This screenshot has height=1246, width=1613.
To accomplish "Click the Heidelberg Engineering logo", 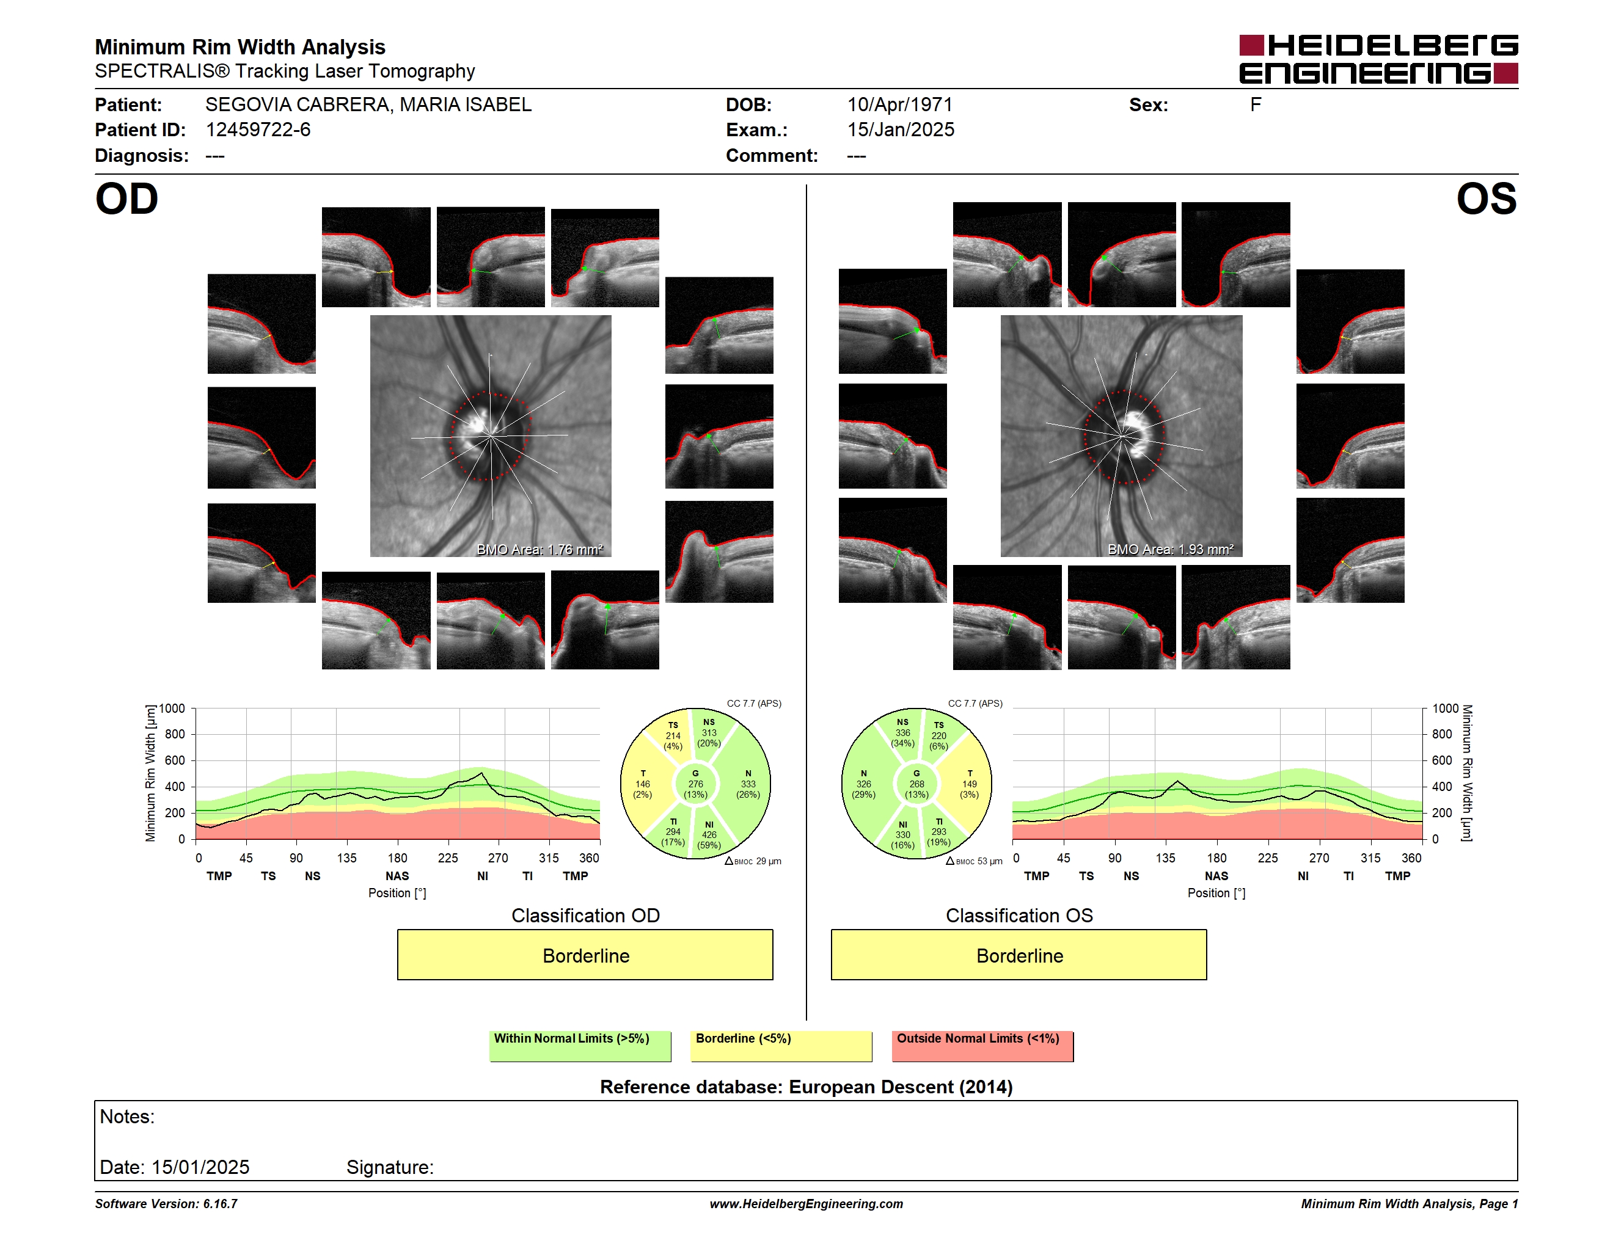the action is (1378, 59).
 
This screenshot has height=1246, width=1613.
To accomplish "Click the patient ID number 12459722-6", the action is (258, 130).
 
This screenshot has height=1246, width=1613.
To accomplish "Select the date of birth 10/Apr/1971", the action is (899, 105).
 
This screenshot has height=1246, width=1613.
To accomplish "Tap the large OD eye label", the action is (126, 199).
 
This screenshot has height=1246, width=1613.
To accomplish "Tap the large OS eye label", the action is (1486, 199).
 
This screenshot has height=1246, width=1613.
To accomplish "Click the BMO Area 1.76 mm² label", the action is (540, 549).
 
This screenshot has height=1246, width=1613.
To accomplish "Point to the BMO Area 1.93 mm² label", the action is (1171, 549).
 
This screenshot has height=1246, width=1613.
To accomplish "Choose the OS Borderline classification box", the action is (1019, 955).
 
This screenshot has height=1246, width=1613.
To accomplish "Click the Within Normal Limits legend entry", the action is (580, 1046).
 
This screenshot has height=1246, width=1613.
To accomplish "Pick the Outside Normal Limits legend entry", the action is (982, 1046).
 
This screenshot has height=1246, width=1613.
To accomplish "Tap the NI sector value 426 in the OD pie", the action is (709, 835).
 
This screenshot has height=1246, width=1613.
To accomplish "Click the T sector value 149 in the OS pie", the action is (970, 784).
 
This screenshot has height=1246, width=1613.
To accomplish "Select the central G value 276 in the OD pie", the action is (696, 784).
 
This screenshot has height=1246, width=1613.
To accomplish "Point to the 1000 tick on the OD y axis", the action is (172, 709).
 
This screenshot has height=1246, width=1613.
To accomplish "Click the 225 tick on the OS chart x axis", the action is (1267, 858).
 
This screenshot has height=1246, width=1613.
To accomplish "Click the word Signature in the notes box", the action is (390, 1167).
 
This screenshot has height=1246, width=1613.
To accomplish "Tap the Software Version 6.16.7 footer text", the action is (166, 1203).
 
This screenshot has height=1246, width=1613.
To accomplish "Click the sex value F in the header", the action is (1256, 105).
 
